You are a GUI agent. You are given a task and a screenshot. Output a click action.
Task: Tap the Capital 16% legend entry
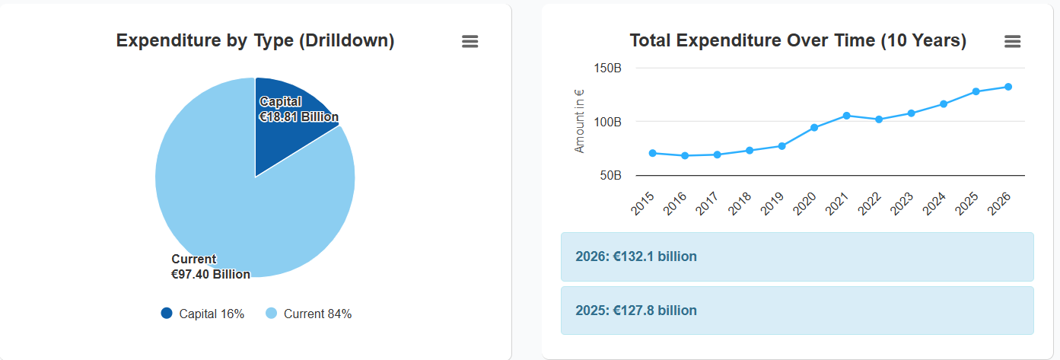(x=203, y=314)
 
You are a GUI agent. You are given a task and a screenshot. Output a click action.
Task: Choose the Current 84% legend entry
(x=309, y=314)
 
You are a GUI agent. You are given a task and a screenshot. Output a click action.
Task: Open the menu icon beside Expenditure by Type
(x=470, y=42)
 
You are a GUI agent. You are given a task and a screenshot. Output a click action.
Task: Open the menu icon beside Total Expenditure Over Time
(x=1012, y=42)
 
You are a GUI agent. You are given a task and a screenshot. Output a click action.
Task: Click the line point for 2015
(x=653, y=153)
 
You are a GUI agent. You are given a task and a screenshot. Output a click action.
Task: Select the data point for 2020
(x=814, y=127)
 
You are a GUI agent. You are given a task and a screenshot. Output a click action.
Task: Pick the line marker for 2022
(x=879, y=119)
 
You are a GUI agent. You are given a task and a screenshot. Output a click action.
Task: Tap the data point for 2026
(x=1008, y=87)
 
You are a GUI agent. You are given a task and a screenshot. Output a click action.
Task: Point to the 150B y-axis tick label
(x=607, y=68)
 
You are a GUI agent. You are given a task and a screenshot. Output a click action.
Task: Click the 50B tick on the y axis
(x=610, y=176)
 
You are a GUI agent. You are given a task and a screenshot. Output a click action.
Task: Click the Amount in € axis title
(x=580, y=121)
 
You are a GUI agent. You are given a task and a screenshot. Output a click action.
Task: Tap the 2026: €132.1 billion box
(x=797, y=256)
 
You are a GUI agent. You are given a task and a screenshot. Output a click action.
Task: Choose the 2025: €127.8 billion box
(x=797, y=311)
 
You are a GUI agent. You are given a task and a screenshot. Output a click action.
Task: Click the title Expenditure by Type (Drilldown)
(x=255, y=41)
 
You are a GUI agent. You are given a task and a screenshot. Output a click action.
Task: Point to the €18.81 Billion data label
(x=299, y=117)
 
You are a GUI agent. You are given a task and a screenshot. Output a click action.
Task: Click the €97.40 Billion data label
(x=211, y=274)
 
